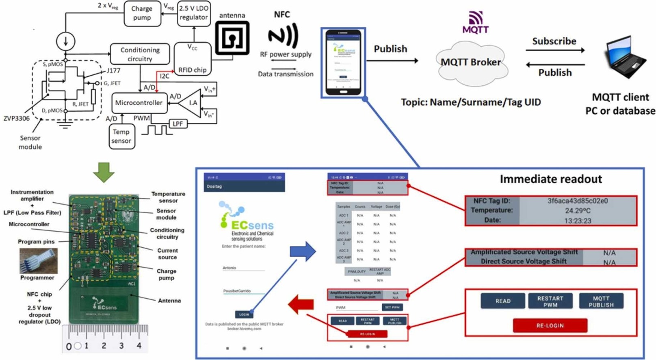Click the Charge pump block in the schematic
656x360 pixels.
142,13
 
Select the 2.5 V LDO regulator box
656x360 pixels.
194,13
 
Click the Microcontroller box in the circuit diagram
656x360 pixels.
139,103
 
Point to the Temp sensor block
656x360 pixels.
121,137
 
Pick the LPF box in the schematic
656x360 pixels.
178,124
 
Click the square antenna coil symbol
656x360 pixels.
232,38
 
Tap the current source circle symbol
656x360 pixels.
65,41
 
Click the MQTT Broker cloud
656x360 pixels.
471,63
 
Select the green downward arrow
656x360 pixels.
104,172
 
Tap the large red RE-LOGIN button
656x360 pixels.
550,325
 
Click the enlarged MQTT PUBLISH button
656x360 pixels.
601,301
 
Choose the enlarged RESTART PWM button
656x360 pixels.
550,301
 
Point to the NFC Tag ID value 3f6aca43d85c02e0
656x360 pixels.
577,201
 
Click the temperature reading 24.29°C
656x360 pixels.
578,211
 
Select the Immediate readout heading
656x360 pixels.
550,179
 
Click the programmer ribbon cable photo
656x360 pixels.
39,260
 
